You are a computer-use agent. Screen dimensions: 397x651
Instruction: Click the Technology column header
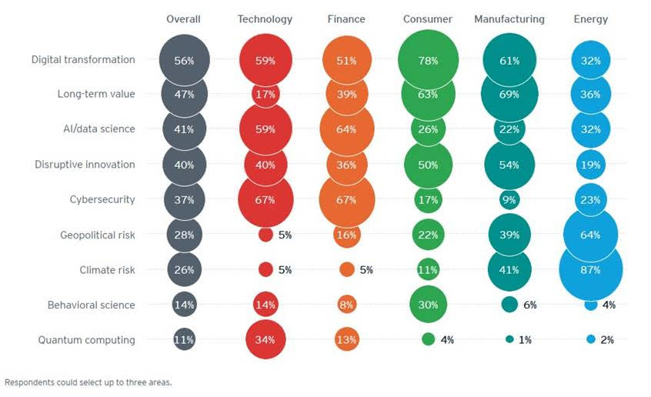pos(265,18)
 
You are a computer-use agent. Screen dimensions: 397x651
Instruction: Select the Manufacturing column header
pos(509,18)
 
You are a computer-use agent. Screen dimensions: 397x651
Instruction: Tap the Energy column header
pos(590,18)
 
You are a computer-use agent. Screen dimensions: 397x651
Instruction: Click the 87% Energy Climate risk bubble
pos(590,269)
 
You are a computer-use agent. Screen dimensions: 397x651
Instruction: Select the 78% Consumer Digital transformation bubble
pos(429,60)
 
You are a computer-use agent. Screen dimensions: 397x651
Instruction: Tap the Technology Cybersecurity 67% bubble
pos(265,200)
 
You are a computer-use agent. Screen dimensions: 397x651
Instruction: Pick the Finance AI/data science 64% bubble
pos(346,129)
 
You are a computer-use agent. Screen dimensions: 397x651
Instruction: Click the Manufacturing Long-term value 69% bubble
pos(509,95)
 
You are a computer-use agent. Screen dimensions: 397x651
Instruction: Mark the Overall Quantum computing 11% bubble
pos(184,339)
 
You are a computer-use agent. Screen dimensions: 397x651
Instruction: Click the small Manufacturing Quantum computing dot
pos(509,339)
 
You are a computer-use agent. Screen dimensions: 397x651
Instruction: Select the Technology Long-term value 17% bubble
pos(265,95)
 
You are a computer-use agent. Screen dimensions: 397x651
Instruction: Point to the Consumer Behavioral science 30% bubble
pos(429,305)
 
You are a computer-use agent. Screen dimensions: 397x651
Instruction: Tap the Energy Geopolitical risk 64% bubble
pos(590,235)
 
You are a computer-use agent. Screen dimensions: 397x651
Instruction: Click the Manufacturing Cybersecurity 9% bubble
pos(509,200)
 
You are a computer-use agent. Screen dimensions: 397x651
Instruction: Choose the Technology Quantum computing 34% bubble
pos(265,339)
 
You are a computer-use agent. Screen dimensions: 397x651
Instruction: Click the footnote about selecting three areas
pos(88,382)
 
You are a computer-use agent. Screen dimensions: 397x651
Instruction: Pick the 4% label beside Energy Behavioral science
pos(608,305)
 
